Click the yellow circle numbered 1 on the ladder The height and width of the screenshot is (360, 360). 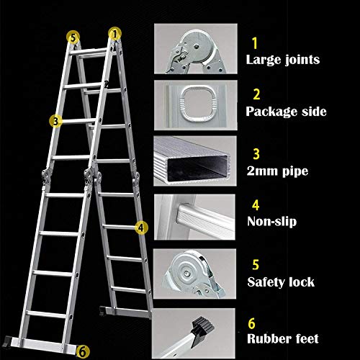tap(115, 32)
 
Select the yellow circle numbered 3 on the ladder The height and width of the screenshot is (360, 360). tap(55, 120)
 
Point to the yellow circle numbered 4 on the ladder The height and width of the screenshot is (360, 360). tap(142, 227)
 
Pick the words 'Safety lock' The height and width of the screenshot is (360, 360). tap(280, 282)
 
